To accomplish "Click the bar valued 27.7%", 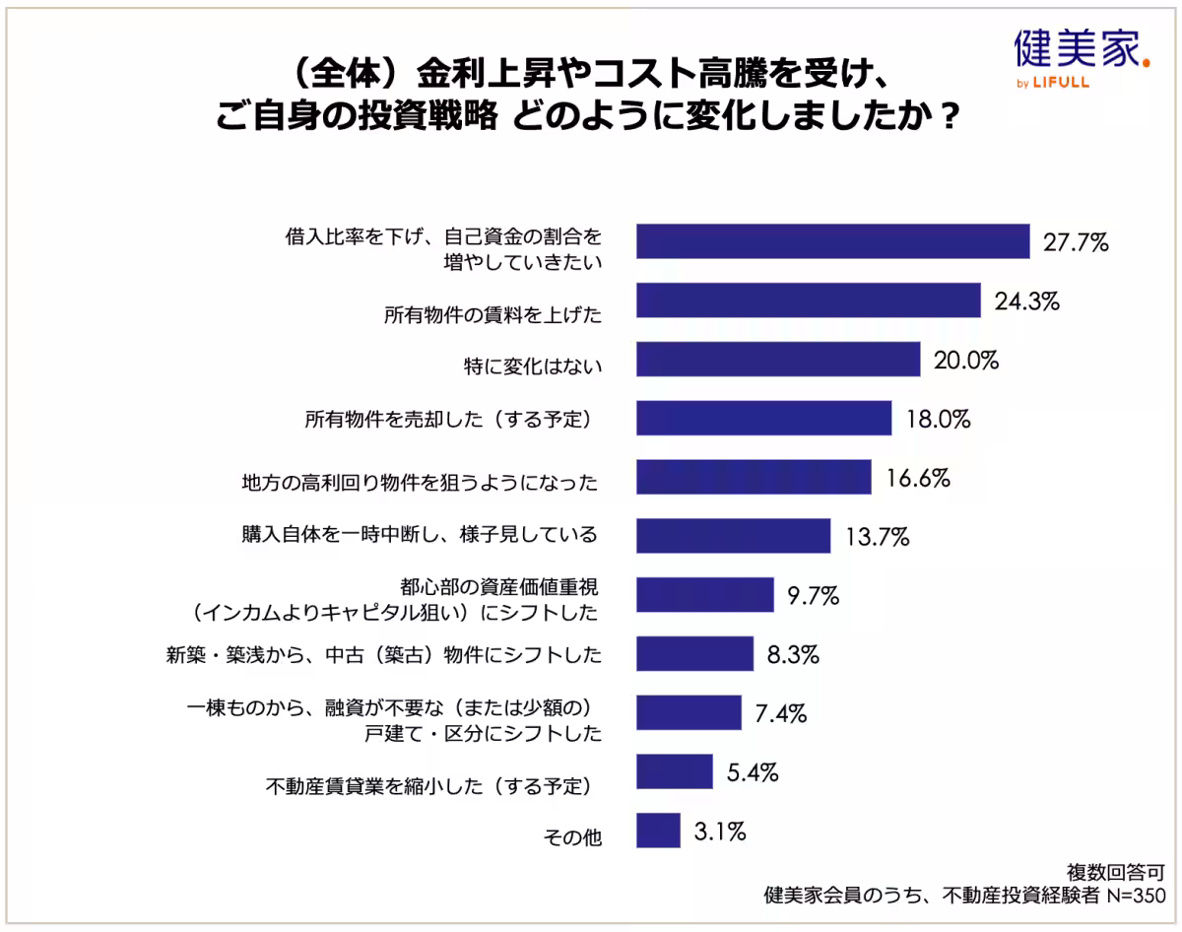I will [832, 241].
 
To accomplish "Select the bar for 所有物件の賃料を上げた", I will [808, 300].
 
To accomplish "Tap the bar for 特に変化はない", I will [777, 360].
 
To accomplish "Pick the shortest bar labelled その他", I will [658, 830].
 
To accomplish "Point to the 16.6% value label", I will [917, 479].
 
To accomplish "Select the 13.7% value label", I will [877, 538].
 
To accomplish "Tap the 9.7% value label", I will [813, 596].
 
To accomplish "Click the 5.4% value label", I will [753, 771].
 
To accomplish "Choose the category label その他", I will [572, 837].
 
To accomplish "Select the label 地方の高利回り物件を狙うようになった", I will [420, 484].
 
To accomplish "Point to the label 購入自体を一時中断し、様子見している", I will [420, 535].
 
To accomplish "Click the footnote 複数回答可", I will [1117, 872].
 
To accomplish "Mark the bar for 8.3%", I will [694, 653].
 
